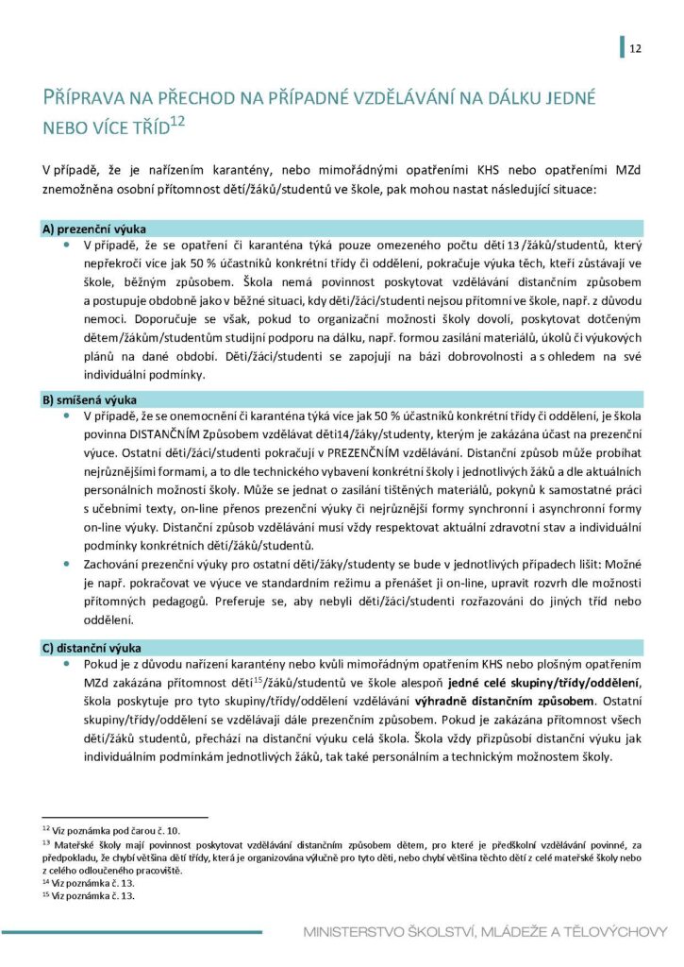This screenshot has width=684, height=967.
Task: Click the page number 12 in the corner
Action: coord(635,48)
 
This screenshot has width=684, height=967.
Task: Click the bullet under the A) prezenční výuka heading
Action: coord(67,246)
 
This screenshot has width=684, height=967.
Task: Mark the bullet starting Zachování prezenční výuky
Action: coord(67,562)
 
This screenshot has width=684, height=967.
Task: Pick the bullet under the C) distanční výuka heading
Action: coord(67,665)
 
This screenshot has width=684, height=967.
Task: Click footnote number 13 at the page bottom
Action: coord(44,842)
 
